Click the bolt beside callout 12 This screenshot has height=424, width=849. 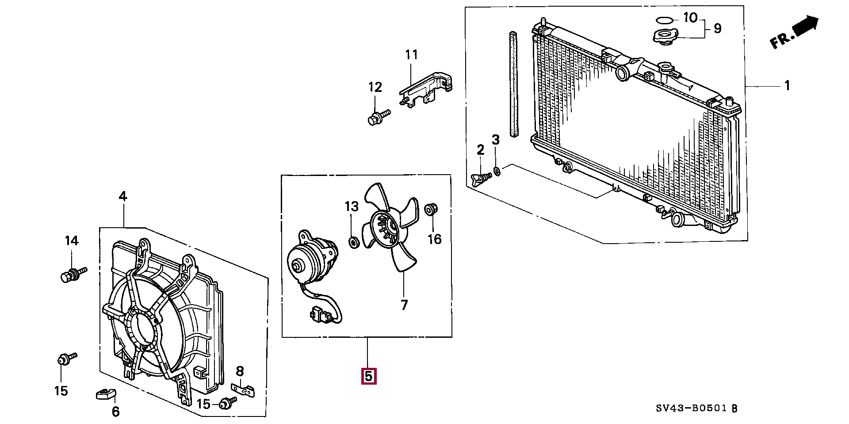(x=379, y=117)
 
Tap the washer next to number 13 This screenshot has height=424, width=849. (x=354, y=242)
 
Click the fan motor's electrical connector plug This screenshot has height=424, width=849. (x=321, y=315)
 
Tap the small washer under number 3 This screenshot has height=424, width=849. (x=497, y=171)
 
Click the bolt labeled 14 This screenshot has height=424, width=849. (x=73, y=273)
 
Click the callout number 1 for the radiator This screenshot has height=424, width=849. (x=787, y=85)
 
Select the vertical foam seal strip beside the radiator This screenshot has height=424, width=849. (x=513, y=84)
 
